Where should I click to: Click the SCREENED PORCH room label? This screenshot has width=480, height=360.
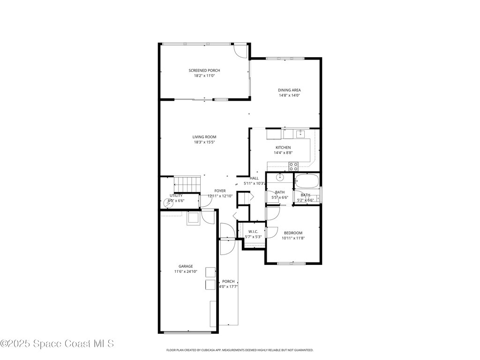pos(204,70)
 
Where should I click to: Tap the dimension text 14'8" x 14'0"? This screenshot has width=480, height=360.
pos(289,95)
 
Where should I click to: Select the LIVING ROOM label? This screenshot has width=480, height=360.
pos(204,137)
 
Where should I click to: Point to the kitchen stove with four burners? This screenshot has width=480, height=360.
pos(293,165)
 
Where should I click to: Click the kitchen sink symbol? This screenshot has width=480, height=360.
pos(300,134)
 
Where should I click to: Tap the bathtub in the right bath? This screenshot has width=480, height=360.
pos(307,180)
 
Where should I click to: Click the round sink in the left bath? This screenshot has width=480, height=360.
pos(280,178)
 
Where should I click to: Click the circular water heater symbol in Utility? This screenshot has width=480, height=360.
pos(168,203)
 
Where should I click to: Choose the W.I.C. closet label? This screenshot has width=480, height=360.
pos(253,232)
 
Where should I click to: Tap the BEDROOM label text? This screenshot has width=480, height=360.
pos(293,233)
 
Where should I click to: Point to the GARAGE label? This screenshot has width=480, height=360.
pos(185,266)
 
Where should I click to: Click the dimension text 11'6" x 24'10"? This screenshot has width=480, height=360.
pos(185,271)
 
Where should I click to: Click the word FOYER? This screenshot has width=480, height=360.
pos(220,191)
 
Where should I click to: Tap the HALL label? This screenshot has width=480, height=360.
pos(254,178)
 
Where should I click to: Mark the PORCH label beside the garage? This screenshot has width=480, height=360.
pos(228,281)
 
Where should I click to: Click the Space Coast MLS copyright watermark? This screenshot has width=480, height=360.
pos(57,344)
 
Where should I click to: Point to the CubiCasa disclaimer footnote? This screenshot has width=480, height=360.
pos(240,350)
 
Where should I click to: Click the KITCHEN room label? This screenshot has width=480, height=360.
pos(283,147)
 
